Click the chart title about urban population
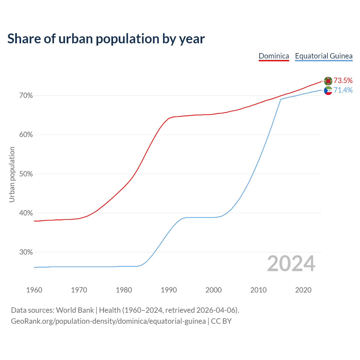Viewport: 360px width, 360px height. click(x=106, y=39)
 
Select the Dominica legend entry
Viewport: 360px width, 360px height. click(x=274, y=56)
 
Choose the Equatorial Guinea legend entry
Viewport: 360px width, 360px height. click(x=323, y=56)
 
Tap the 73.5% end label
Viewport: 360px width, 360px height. click(x=343, y=81)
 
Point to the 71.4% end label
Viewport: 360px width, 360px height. click(x=343, y=90)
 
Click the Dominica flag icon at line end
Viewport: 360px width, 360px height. click(x=328, y=81)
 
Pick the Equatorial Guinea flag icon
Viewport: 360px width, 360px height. click(x=328, y=91)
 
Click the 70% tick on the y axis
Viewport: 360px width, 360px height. click(x=26, y=96)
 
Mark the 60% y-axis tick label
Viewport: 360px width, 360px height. click(x=26, y=135)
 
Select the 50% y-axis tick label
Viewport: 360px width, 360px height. click(x=26, y=174)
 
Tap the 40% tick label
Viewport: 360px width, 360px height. click(x=26, y=213)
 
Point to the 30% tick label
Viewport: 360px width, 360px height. click(x=26, y=252)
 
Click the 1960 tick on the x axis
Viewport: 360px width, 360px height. click(x=34, y=290)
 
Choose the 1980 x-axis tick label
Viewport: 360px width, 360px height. click(x=124, y=290)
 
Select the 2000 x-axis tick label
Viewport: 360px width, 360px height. click(x=214, y=290)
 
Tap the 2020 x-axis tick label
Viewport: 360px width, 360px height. click(x=303, y=290)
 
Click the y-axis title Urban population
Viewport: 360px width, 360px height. click(x=12, y=174)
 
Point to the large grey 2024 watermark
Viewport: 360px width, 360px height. click(x=291, y=264)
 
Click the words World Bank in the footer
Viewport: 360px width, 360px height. click(x=75, y=310)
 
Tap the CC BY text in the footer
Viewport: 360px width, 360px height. click(x=221, y=321)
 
